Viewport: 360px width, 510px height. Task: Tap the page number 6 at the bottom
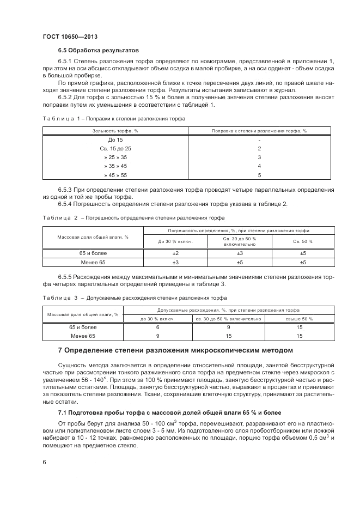pyautogui.click(x=44, y=462)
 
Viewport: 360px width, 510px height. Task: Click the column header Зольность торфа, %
pyautogui.click(x=115, y=131)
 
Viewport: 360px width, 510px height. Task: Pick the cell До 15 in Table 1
pyautogui.click(x=115, y=140)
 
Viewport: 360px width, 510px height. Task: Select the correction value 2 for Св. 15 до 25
pyautogui.click(x=260, y=149)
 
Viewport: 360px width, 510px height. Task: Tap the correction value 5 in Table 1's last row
pyautogui.click(x=260, y=175)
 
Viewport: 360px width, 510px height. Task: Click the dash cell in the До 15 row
pyautogui.click(x=260, y=140)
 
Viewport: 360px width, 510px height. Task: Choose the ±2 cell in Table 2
pyautogui.click(x=176, y=253)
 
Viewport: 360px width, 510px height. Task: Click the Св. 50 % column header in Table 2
pyautogui.click(x=303, y=241)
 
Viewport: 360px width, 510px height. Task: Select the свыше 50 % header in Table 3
pyautogui.click(x=300, y=319)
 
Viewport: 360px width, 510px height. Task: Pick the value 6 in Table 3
pyautogui.click(x=157, y=327)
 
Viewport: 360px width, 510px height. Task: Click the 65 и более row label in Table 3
pyautogui.click(x=83, y=327)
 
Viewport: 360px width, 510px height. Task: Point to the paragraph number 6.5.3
pyautogui.click(x=68, y=190)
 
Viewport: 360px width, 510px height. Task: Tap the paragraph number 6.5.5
pyautogui.click(x=68, y=277)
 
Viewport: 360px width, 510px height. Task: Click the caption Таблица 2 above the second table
pyautogui.click(x=57, y=217)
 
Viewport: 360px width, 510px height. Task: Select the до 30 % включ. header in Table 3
pyautogui.click(x=157, y=319)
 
